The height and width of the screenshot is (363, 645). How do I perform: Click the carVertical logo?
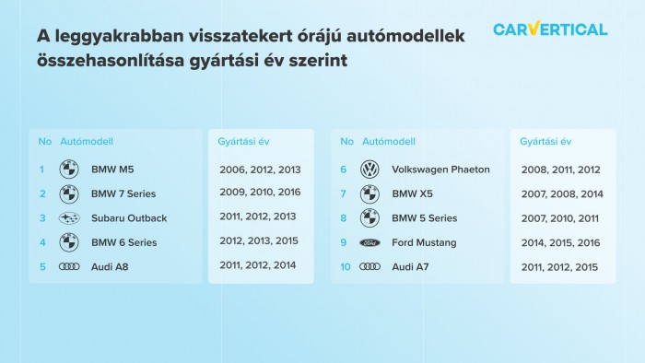point(550,29)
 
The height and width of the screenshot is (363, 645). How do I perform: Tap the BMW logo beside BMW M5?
point(69,170)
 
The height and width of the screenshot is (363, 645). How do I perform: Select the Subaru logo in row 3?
point(69,218)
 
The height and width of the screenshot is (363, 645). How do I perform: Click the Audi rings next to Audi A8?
point(69,267)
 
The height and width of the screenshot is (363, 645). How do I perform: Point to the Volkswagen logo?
point(369,170)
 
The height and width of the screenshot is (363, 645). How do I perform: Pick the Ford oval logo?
point(369,243)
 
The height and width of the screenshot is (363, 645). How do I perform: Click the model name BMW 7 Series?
point(123,194)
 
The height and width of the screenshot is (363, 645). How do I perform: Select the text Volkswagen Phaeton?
point(440,170)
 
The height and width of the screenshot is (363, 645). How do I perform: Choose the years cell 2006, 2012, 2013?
point(260,170)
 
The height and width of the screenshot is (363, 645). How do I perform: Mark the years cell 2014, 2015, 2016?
point(560,243)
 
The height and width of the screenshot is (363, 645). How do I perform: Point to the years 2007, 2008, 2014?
point(560,194)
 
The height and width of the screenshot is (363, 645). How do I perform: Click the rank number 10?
point(346,267)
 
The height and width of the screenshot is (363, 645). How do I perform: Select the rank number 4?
point(41,243)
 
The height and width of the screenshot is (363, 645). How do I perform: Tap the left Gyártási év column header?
point(243,142)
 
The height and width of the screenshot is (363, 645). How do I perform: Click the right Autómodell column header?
point(389,142)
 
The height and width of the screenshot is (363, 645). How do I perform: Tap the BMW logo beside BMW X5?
point(369,194)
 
